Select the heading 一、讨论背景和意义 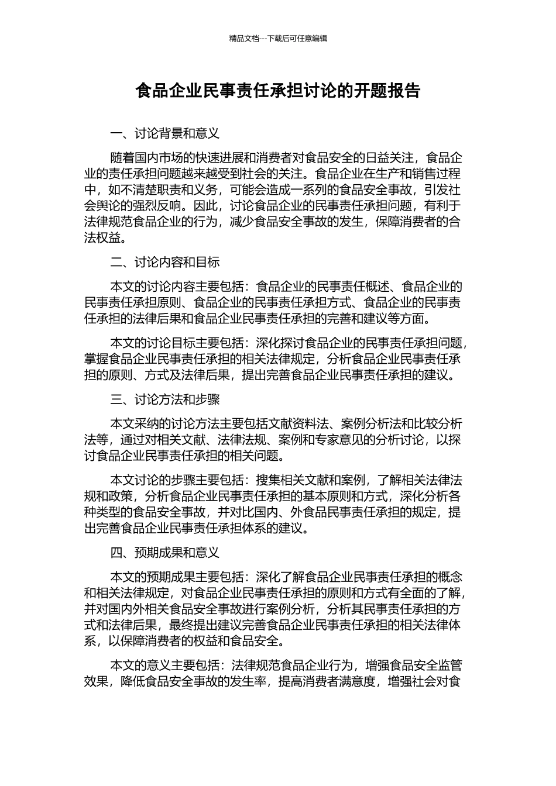165,133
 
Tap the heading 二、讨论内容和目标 165,261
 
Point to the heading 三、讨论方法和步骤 165,399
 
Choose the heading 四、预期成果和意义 165,552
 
